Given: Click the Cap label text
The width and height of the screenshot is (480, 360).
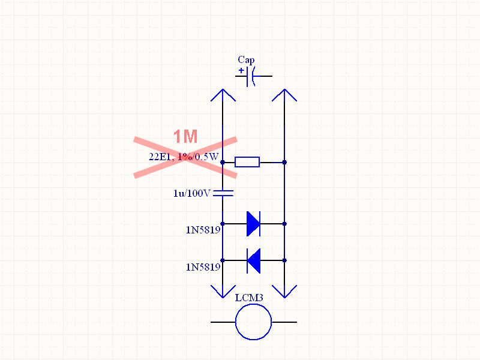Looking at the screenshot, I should click(246, 59).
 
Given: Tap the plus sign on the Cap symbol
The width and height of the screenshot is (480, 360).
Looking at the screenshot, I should click(241, 71).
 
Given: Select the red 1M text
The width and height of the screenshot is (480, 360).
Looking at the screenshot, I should click(185, 137).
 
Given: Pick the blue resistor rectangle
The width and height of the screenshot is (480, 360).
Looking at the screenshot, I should click(247, 161).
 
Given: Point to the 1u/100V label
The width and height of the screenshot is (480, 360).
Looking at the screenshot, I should click(192, 193).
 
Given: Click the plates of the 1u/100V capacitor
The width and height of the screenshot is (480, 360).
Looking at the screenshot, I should click(223, 193).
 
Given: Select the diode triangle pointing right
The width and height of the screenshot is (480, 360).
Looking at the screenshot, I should click(253, 224).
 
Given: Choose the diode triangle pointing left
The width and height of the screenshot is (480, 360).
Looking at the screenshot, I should click(253, 260).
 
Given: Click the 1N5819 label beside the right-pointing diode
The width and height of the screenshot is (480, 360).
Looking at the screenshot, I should click(203, 229).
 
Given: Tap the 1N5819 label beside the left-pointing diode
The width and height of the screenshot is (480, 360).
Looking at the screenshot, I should click(203, 266).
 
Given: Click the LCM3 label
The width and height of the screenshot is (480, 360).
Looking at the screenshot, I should click(249, 298).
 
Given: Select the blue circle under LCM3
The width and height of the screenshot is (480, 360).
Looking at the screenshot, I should click(253, 322).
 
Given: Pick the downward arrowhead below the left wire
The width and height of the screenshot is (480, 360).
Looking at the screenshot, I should click(223, 292).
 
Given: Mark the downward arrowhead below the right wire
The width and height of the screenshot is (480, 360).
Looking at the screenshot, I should click(284, 292).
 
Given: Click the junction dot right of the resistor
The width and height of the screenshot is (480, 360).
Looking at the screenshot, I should click(284, 162).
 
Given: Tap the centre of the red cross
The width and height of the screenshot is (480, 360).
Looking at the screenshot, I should click(185, 157).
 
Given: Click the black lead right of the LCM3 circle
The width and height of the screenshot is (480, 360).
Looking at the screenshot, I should click(284, 322).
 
